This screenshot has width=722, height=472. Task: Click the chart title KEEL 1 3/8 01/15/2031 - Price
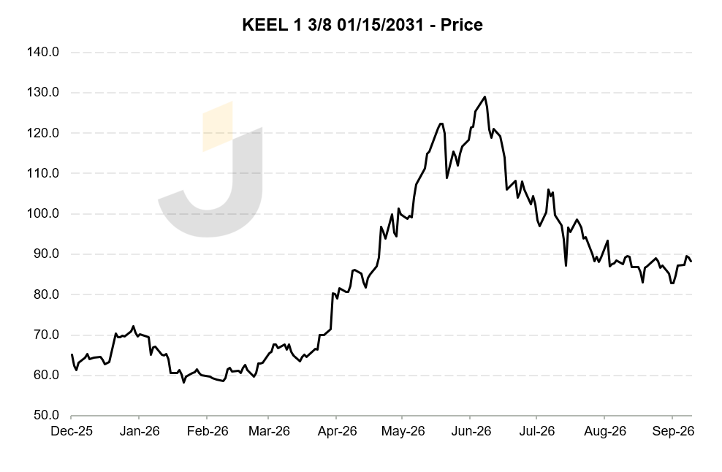click(x=362, y=25)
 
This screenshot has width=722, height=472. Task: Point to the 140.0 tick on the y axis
click(x=43, y=52)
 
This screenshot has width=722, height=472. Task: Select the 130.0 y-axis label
click(x=43, y=93)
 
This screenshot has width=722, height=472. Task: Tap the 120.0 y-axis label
click(x=43, y=133)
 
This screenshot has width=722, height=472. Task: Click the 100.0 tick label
click(x=43, y=213)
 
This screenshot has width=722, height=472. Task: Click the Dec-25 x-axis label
click(x=72, y=432)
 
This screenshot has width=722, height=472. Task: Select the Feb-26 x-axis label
click(x=208, y=432)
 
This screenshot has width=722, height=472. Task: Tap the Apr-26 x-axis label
click(x=337, y=432)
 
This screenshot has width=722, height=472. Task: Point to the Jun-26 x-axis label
click(x=471, y=432)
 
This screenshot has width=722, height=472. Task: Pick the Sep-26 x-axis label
click(x=673, y=432)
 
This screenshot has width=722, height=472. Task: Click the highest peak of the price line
click(x=484, y=96)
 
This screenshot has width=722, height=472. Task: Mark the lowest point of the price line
click(x=183, y=382)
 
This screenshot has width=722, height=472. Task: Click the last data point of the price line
click(x=691, y=261)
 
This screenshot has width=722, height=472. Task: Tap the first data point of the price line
click(x=72, y=354)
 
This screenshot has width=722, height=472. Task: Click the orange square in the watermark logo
click(x=218, y=126)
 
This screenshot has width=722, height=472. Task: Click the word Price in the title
click(x=462, y=25)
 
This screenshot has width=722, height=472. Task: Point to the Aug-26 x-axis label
click(x=605, y=432)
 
